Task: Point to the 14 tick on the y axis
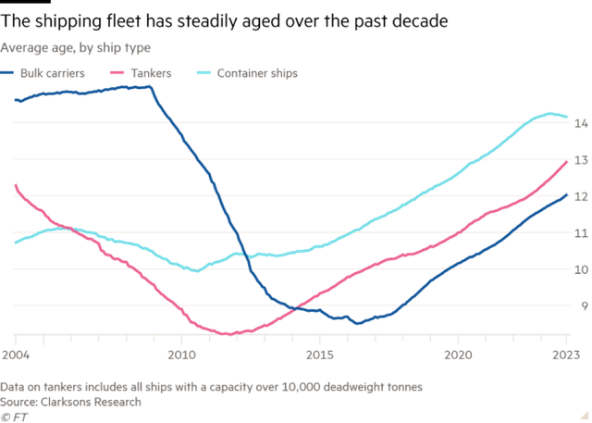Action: point(581,123)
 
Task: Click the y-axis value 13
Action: point(581,160)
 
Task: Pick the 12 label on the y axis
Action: point(581,196)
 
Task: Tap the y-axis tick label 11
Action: point(581,233)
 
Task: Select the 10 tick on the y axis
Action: point(581,269)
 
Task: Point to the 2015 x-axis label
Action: point(320,354)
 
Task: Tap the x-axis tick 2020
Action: point(458,354)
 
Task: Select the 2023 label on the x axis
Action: point(566,354)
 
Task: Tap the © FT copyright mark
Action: point(11,416)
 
